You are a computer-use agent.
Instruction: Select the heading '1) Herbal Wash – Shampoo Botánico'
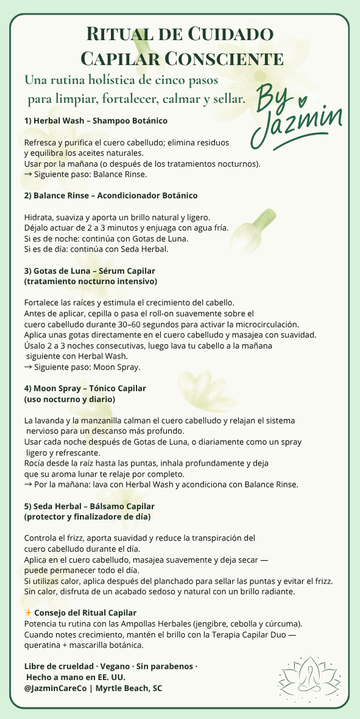(96, 121)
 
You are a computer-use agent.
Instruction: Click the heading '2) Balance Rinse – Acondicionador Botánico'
(111, 195)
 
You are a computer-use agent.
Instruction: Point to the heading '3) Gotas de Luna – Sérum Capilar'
(90, 270)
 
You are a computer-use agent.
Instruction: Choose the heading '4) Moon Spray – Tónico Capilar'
(85, 388)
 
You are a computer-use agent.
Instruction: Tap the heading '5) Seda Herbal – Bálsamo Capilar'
(89, 506)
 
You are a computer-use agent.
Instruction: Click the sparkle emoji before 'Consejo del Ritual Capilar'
(28, 612)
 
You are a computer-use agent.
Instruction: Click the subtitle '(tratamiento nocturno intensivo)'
(91, 281)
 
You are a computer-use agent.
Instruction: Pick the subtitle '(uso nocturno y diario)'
(69, 399)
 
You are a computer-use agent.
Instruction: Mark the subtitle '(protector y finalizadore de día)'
(87, 517)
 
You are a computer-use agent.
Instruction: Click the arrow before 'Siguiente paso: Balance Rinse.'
(28, 174)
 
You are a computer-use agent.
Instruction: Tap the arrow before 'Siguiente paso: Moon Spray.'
(28, 367)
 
